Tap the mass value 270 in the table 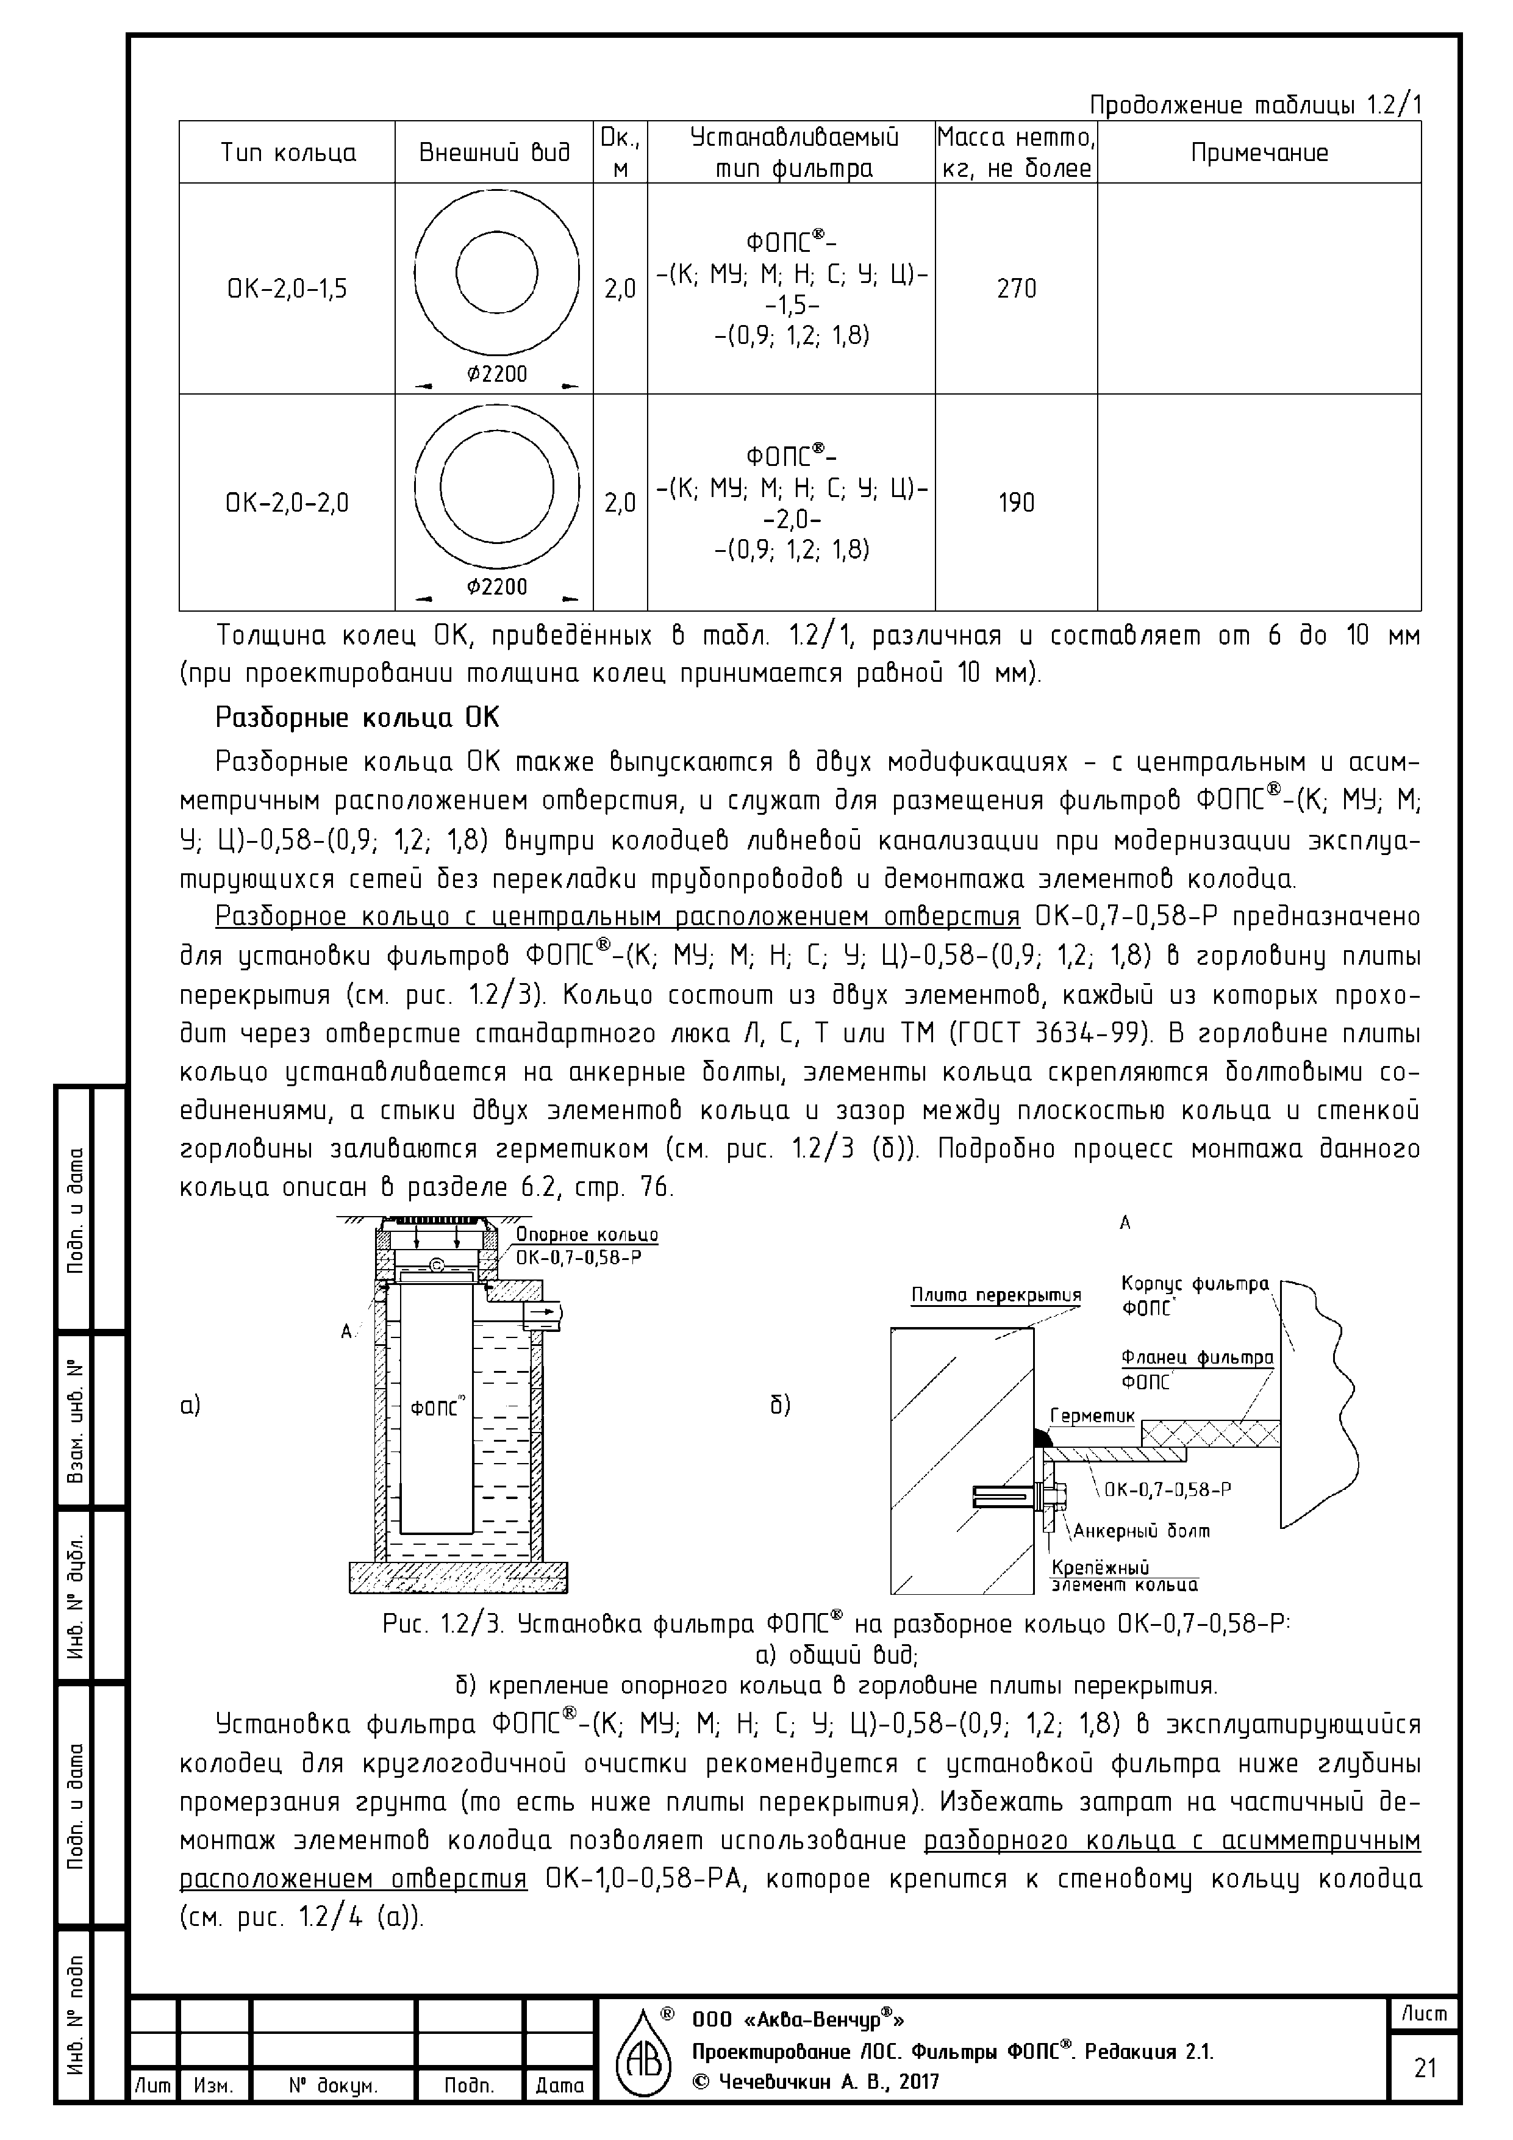(1016, 289)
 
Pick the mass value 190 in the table (1016, 503)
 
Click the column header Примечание (1259, 153)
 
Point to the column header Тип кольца (287, 153)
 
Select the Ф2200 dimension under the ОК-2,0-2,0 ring (497, 586)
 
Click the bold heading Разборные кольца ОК (357, 718)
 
